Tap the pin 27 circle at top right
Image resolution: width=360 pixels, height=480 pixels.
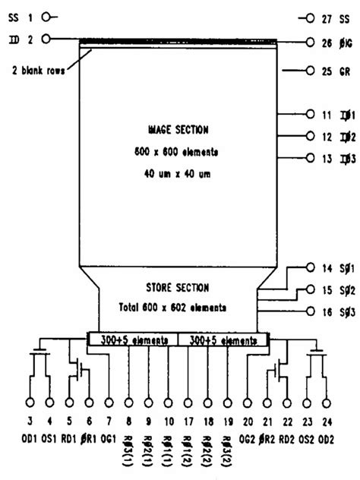tap(309, 17)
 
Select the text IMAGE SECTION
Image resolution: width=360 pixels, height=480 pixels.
tap(179, 130)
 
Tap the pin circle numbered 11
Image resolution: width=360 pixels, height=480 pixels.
tap(309, 115)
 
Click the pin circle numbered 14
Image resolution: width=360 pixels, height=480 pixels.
tap(309, 267)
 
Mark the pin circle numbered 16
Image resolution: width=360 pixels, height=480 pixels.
tap(309, 311)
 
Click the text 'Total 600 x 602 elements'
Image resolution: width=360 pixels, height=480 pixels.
tap(179, 308)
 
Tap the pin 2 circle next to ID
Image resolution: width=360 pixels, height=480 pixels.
tap(48, 38)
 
